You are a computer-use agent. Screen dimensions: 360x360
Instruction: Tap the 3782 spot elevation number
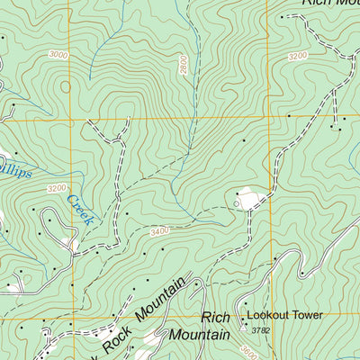pyautogui.click(x=260, y=330)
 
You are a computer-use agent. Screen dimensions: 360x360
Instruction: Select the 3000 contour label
pyautogui.click(x=58, y=55)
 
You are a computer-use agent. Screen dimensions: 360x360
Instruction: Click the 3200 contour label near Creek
pyautogui.click(x=57, y=188)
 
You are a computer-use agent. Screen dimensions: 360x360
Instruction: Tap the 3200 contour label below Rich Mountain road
pyautogui.click(x=298, y=55)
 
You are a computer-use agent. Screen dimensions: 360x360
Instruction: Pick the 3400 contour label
pyautogui.click(x=159, y=232)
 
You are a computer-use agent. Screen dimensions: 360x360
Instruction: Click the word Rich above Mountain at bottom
pyautogui.click(x=216, y=318)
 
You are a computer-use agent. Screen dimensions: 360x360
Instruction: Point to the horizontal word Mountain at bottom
pyautogui.click(x=203, y=334)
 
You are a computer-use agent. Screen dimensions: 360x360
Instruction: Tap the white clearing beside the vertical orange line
pyautogui.click(x=249, y=196)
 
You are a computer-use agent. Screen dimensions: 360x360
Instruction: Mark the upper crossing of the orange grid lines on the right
pyautogui.click(x=267, y=117)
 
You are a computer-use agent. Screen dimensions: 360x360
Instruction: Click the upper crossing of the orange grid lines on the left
pyautogui.click(x=69, y=117)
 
